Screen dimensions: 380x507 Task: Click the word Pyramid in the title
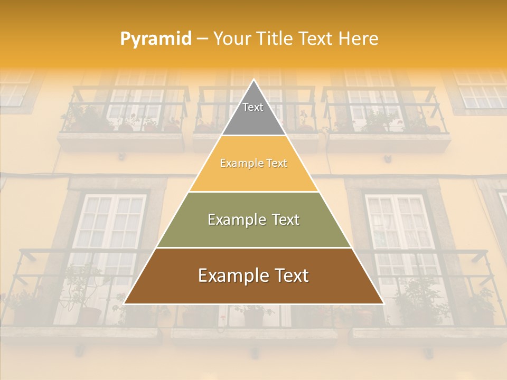(x=156, y=39)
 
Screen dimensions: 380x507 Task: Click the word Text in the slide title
(x=317, y=39)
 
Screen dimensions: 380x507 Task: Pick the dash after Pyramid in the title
(x=202, y=39)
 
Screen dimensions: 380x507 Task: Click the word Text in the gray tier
(x=253, y=107)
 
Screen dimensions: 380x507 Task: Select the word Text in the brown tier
(x=289, y=275)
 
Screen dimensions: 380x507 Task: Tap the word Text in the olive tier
(x=285, y=220)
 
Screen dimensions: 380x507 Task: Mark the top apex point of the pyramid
(x=253, y=80)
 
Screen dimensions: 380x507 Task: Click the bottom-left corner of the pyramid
(x=124, y=304)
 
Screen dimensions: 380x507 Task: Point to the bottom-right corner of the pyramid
(x=384, y=304)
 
